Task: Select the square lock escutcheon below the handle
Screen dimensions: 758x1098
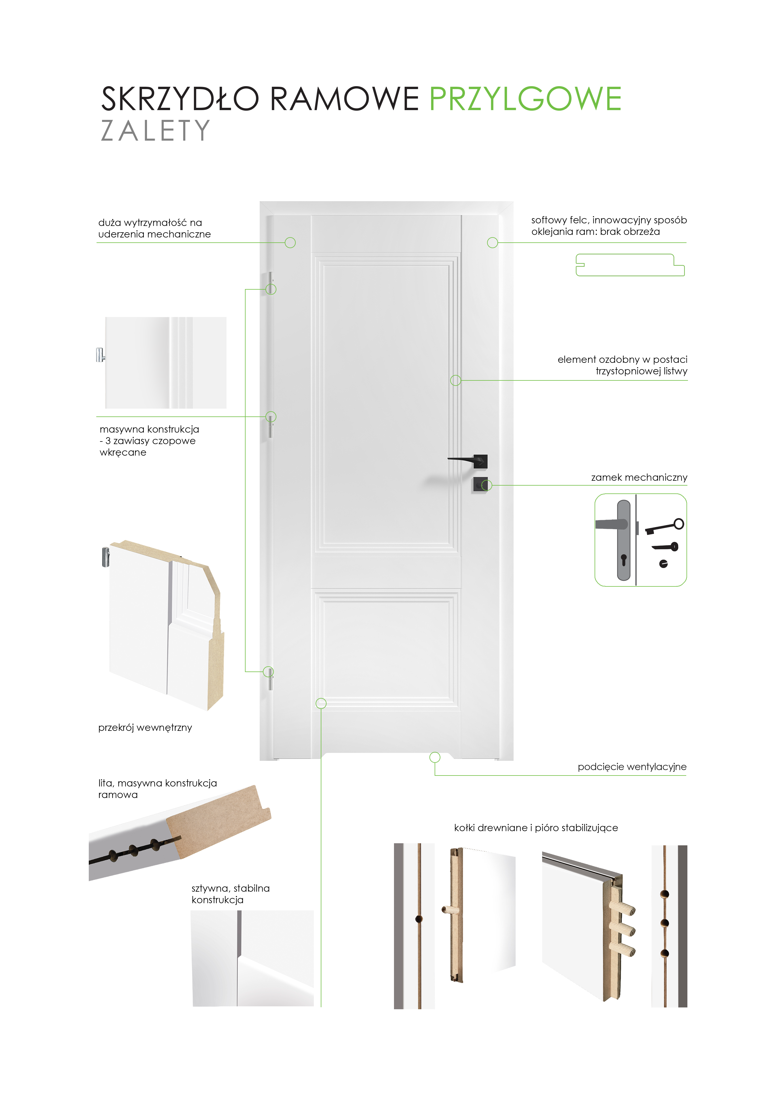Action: (x=480, y=485)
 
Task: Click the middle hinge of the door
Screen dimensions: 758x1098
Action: (x=270, y=424)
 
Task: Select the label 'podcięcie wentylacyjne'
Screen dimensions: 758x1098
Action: (x=632, y=767)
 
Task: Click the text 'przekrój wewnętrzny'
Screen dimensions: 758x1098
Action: (x=145, y=728)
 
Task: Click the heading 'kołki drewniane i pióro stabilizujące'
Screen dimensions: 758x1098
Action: (x=536, y=828)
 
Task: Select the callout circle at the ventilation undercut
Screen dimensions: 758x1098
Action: (x=435, y=757)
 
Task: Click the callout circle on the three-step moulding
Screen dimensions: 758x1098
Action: (x=455, y=380)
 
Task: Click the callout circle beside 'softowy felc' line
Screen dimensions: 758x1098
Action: (x=493, y=243)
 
